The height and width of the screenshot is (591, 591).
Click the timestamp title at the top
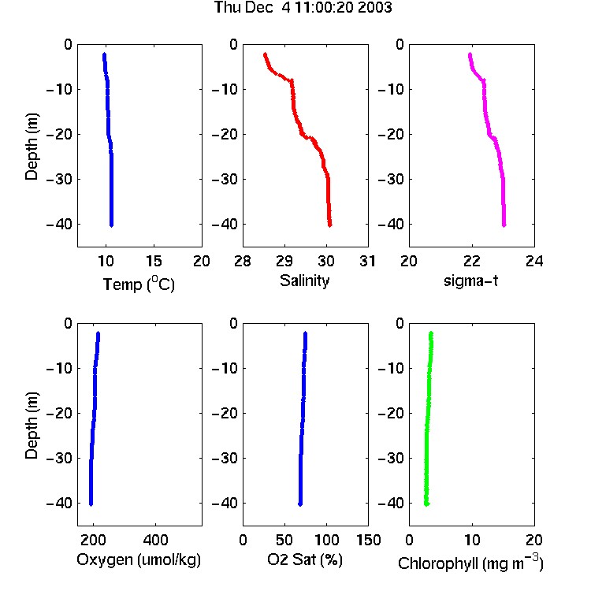pyautogui.click(x=303, y=8)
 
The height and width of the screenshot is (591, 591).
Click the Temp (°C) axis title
pyautogui.click(x=139, y=284)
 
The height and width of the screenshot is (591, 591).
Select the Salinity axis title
pyautogui.click(x=304, y=281)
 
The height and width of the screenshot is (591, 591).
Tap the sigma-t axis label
pyautogui.click(x=470, y=281)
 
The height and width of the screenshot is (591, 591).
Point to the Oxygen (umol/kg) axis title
pyautogui.click(x=139, y=559)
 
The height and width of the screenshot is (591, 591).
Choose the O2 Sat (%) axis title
pyautogui.click(x=305, y=559)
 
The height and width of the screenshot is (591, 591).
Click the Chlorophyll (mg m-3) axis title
pyautogui.click(x=470, y=563)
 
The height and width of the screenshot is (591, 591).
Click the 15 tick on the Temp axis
pyautogui.click(x=154, y=261)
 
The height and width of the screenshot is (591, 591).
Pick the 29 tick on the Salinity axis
pyautogui.click(x=284, y=261)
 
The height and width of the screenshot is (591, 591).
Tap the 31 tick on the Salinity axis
pyautogui.click(x=367, y=261)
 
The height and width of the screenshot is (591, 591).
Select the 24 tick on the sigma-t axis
pyautogui.click(x=534, y=261)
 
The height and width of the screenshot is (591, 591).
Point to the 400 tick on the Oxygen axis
pyautogui.click(x=155, y=540)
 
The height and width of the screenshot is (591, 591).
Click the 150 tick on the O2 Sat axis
pyautogui.click(x=368, y=540)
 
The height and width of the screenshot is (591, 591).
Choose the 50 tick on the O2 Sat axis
pyautogui.click(x=284, y=540)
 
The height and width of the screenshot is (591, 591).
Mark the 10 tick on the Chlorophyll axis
pyautogui.click(x=472, y=540)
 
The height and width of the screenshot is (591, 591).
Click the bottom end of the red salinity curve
pyautogui.click(x=330, y=225)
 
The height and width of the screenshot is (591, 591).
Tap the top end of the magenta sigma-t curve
pyautogui.click(x=470, y=54)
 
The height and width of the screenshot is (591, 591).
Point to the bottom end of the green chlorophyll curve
pyautogui.click(x=426, y=504)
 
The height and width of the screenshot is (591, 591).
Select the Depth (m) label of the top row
pyautogui.click(x=32, y=147)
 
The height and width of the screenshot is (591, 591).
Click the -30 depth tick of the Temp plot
pyautogui.click(x=59, y=180)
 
